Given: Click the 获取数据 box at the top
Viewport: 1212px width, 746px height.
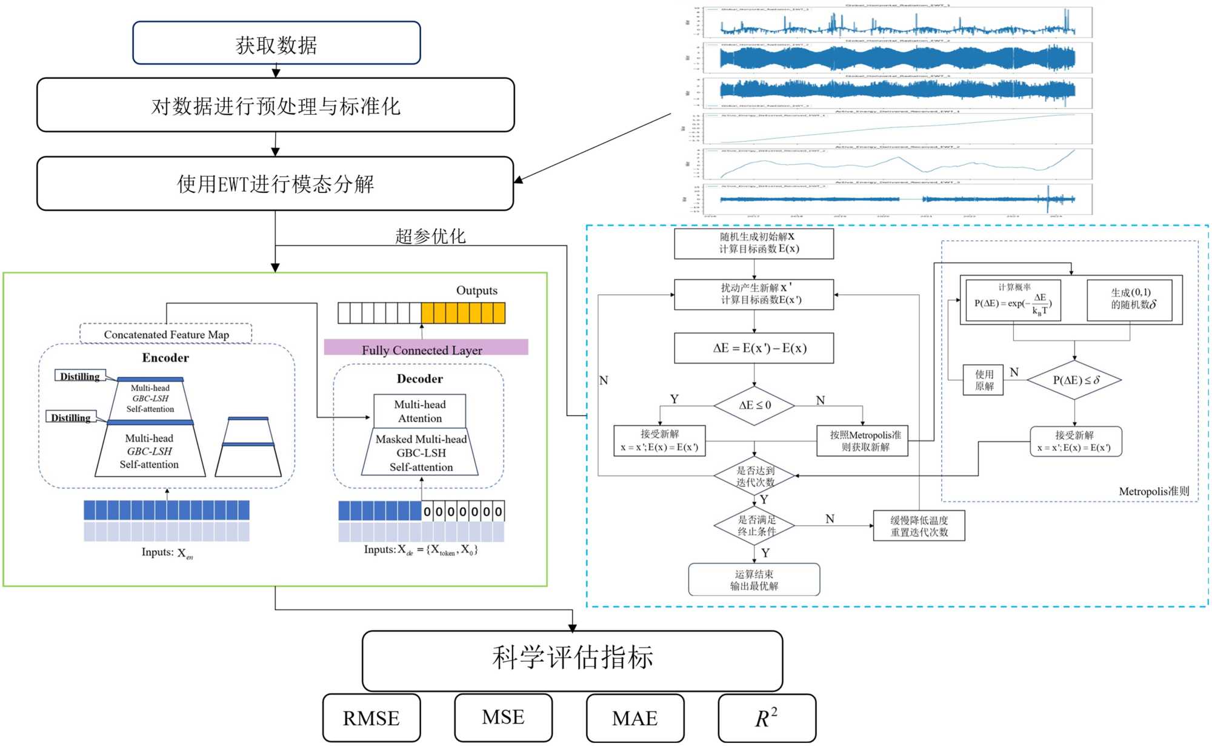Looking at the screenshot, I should [x=276, y=43].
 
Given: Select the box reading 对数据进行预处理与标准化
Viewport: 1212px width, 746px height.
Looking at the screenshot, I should [x=276, y=105].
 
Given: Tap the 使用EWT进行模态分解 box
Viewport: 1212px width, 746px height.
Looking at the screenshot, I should [x=276, y=183].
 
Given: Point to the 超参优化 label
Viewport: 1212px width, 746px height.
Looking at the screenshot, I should [x=430, y=236].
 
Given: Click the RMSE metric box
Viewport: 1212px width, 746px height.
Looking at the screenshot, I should [x=371, y=718].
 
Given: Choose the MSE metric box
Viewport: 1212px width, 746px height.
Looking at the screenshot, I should [x=503, y=717].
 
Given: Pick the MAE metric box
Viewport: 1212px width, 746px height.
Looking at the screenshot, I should [x=635, y=718].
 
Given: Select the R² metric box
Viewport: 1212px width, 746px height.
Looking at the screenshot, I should [x=767, y=718].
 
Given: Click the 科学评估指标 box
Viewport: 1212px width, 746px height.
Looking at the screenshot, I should [x=572, y=660].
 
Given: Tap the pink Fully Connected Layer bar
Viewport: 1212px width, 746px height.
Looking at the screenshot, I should [x=425, y=348].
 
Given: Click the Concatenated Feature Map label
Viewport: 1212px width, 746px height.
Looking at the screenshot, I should [x=166, y=334].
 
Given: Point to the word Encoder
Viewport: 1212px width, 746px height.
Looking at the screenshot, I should [x=165, y=358].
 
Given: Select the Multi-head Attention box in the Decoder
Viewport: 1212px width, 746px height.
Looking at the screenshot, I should [x=420, y=411].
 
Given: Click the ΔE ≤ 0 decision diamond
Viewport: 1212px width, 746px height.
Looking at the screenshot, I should [x=754, y=405].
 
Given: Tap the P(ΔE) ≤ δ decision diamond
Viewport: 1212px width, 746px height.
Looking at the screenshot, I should [x=1074, y=380].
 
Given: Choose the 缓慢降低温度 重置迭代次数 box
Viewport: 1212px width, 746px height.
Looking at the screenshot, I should [x=919, y=526].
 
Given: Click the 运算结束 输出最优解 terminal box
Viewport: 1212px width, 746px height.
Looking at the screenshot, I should [x=754, y=580].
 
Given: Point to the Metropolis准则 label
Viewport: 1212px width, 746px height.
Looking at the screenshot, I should [x=1154, y=491].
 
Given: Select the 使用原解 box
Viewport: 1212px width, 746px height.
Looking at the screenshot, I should [x=984, y=380].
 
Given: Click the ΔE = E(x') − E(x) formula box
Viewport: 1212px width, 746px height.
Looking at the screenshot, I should [x=754, y=348].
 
